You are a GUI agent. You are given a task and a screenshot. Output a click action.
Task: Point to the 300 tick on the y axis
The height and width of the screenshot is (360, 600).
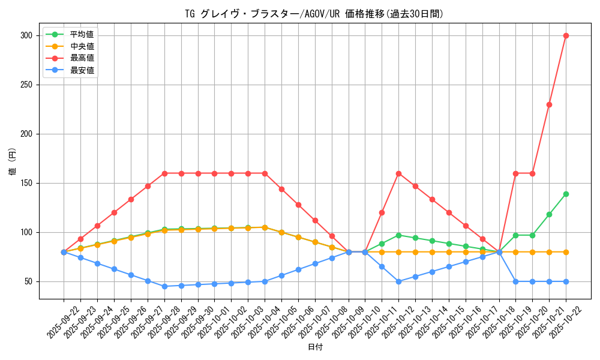coord(26,35)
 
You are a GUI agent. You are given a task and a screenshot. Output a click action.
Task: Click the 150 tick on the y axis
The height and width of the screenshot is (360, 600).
coord(26,183)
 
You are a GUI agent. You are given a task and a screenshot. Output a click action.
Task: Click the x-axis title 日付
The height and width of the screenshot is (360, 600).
coord(314,347)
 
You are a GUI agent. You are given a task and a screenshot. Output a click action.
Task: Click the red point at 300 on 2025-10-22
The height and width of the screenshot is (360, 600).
coord(566,35)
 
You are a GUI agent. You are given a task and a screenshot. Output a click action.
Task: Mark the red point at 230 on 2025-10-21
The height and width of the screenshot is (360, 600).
coord(549,104)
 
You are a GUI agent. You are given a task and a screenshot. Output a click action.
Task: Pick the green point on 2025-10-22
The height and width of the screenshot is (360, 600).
coord(566,194)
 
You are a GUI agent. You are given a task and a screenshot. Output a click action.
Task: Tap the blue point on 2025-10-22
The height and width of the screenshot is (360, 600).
coord(566,281)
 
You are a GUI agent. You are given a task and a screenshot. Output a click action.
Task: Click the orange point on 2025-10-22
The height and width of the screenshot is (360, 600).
coord(566,252)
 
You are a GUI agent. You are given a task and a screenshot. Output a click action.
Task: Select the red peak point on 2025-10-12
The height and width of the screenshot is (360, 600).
coord(398,173)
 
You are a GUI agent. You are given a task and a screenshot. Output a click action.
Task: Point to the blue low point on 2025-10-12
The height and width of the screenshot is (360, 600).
coord(398,281)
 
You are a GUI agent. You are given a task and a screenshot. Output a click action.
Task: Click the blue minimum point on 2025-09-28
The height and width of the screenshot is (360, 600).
coord(164,286)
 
